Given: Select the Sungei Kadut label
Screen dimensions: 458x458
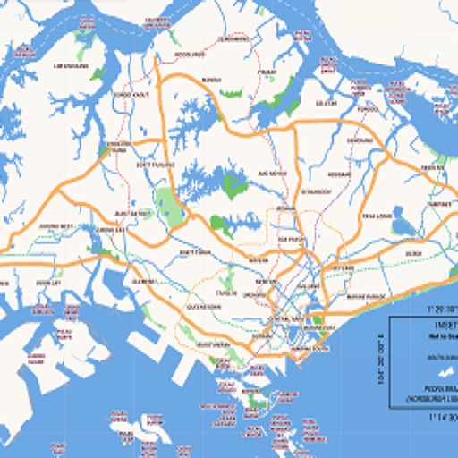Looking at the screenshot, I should (131, 94).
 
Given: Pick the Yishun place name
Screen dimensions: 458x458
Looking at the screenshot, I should (267, 72).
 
